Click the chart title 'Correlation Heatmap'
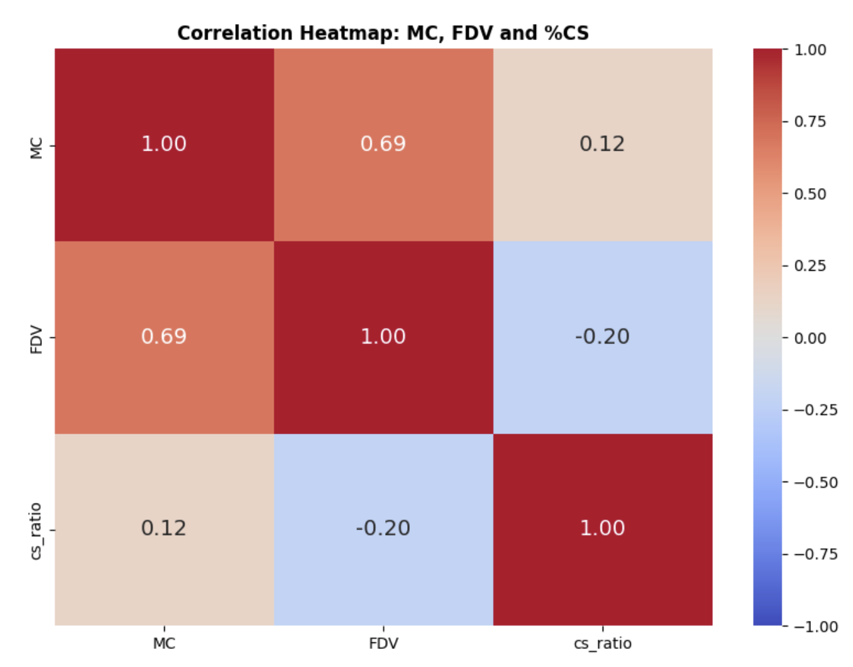coord(382,33)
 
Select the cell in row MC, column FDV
coord(383,144)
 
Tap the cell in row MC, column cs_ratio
coord(602,144)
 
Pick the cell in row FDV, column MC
coord(164,336)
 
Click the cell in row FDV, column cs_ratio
coord(602,336)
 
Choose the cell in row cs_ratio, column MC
coord(164,528)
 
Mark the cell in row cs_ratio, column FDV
coord(383,528)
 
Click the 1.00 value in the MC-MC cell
coord(164,144)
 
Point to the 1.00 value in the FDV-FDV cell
coord(383,336)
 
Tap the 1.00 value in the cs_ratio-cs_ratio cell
coord(602,528)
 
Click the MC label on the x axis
coord(164,644)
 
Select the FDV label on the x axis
coord(383,644)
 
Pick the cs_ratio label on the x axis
coord(602,644)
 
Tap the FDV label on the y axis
coord(37,340)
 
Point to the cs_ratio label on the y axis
coord(37,531)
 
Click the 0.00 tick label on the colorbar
coord(810,338)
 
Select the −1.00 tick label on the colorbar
coord(815,626)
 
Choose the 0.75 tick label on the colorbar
coord(810,121)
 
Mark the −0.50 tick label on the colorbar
coord(815,482)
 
